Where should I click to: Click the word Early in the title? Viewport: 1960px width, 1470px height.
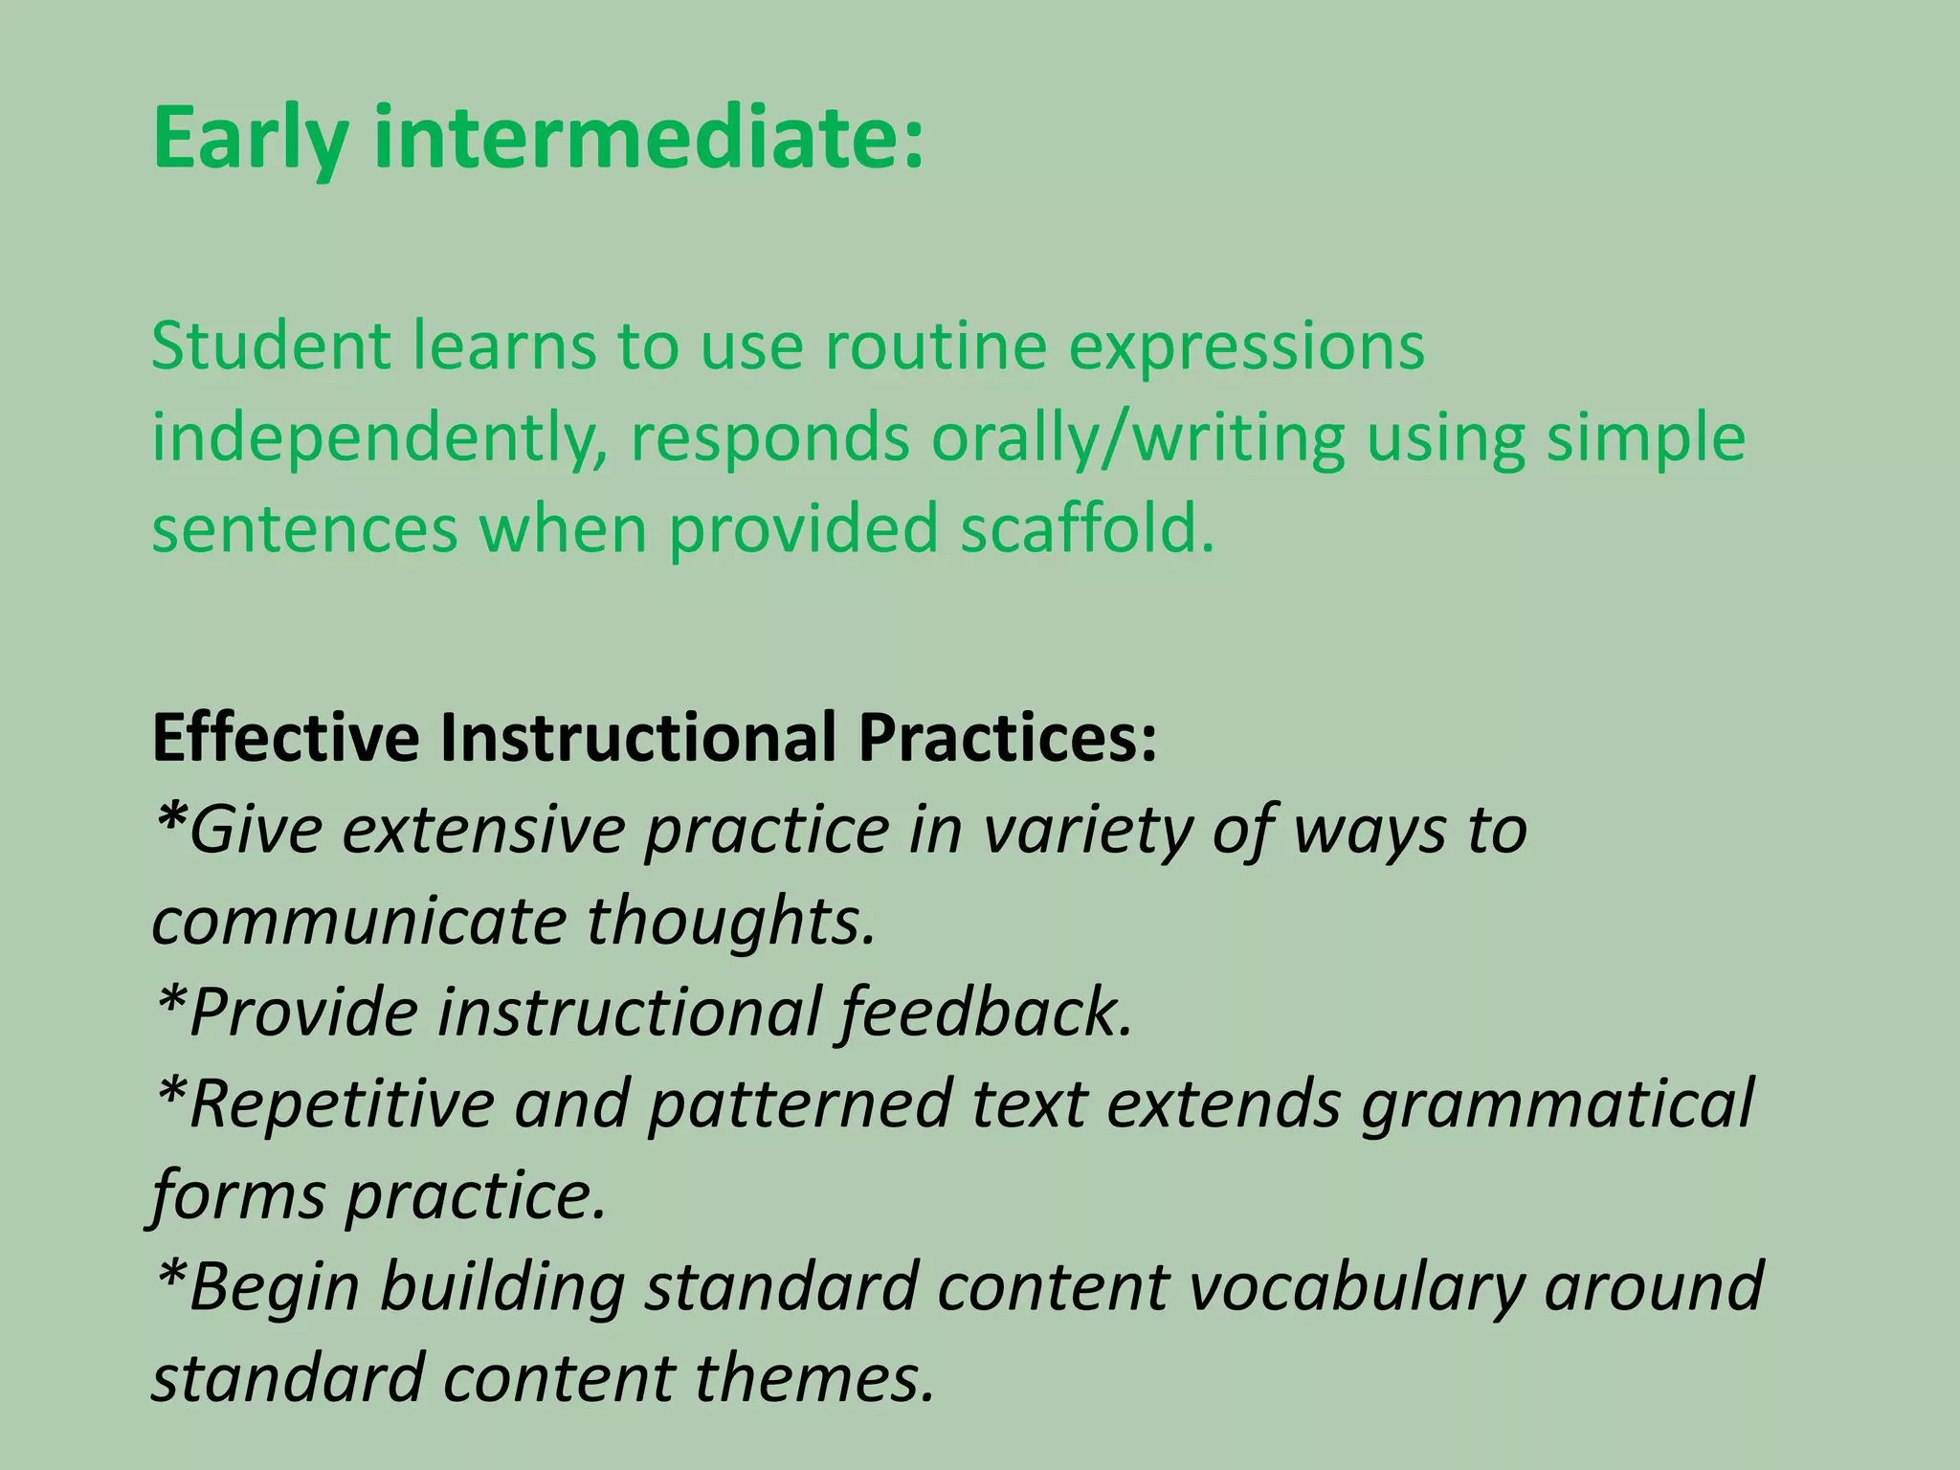tap(251, 140)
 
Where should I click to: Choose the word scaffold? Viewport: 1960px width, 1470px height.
tap(1087, 528)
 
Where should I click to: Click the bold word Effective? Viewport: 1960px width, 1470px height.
tap(285, 738)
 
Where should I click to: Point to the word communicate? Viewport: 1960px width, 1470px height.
tap(360, 922)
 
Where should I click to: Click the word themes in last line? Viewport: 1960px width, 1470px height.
tap(813, 1379)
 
